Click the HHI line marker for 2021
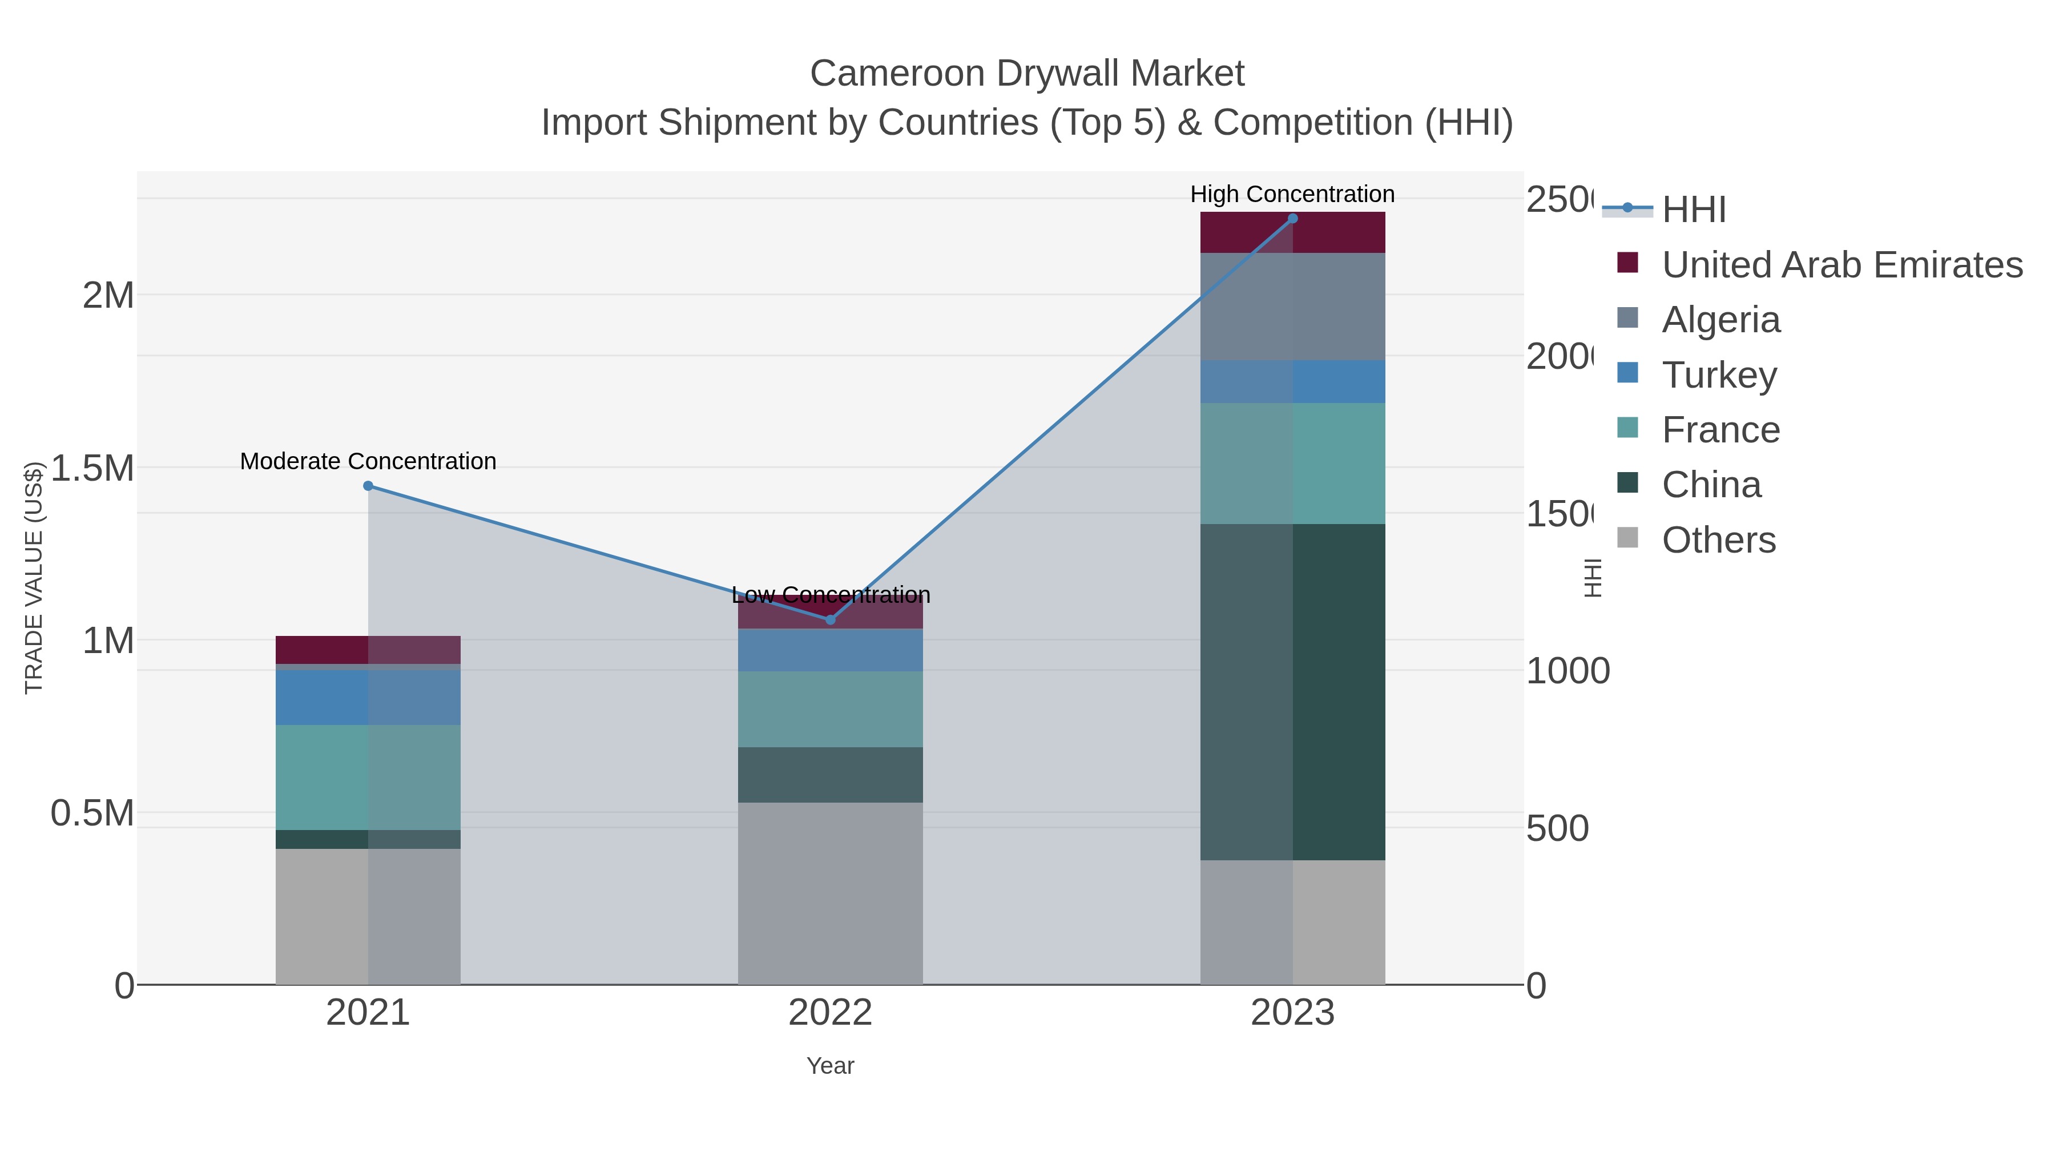pos(368,486)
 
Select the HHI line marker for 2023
pos(1292,219)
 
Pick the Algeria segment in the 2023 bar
pos(1292,307)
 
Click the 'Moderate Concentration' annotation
pos(368,461)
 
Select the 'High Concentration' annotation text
pos(1292,194)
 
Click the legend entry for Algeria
pos(1720,320)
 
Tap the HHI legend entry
pos(1693,210)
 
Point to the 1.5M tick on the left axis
pos(92,468)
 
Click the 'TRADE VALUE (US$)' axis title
pos(34,578)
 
